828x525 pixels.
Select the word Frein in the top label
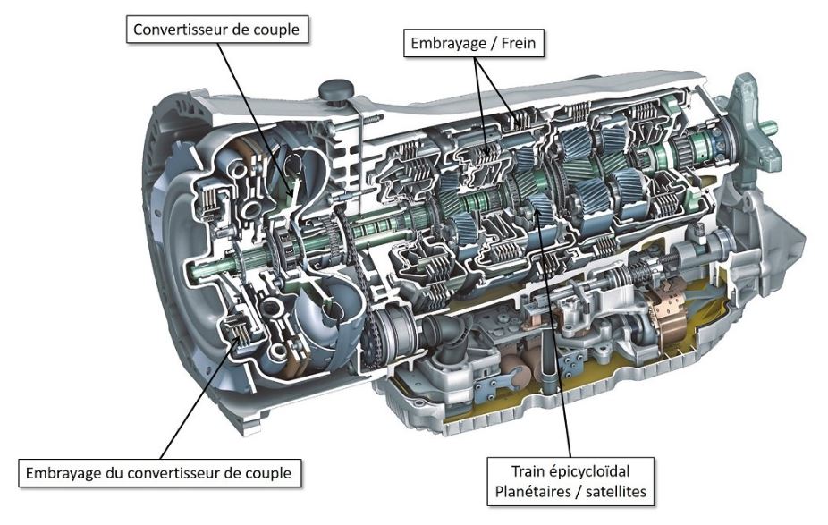(518, 43)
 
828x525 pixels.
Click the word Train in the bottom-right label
(528, 470)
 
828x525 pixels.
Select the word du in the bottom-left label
(114, 471)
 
